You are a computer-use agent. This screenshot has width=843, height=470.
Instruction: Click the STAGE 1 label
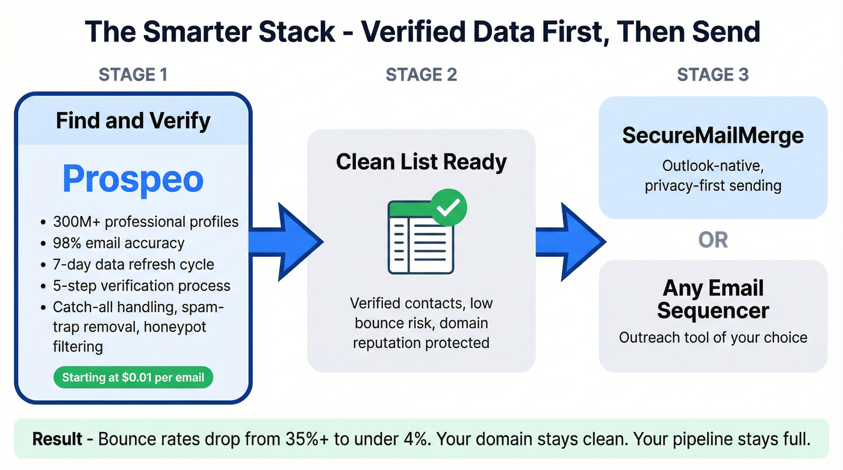(x=133, y=75)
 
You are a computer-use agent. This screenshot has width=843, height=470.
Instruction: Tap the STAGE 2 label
(x=421, y=75)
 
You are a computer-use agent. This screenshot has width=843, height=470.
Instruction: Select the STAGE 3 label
(x=713, y=75)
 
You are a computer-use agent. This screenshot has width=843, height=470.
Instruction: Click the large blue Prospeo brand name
(x=133, y=178)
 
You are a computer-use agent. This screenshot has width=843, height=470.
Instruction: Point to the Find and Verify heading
(x=133, y=121)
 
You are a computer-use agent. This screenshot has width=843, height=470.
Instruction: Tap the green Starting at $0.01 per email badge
(x=133, y=378)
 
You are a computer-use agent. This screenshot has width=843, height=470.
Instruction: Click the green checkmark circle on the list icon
(x=449, y=207)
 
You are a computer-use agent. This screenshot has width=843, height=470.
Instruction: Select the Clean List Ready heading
(x=421, y=162)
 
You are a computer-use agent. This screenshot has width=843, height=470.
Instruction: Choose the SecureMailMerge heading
(x=713, y=135)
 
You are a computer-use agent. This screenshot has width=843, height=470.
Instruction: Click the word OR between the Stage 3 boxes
(x=713, y=240)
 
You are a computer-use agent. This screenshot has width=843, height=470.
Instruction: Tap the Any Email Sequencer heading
(x=713, y=299)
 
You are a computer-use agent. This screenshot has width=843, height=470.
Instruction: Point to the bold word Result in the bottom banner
(x=57, y=439)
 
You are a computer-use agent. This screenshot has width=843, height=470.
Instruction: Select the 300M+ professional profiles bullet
(x=145, y=221)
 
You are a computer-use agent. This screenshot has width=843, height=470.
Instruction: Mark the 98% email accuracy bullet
(x=118, y=243)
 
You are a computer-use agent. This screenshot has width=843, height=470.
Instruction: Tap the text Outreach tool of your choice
(x=713, y=337)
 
